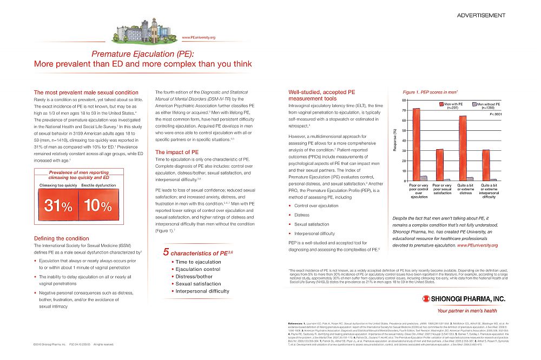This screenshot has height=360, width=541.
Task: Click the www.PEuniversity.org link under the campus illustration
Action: [199, 37]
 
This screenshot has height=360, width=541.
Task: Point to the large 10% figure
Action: [98, 206]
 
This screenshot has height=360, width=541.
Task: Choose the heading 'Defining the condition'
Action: [62, 238]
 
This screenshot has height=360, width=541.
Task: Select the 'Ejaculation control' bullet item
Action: [197, 269]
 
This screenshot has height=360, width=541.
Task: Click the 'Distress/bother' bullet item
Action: [194, 276]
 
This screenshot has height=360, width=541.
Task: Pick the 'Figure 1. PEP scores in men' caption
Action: [431, 93]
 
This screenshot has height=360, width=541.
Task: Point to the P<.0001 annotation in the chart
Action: [496, 115]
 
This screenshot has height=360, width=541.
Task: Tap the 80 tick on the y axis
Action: [405, 101]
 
